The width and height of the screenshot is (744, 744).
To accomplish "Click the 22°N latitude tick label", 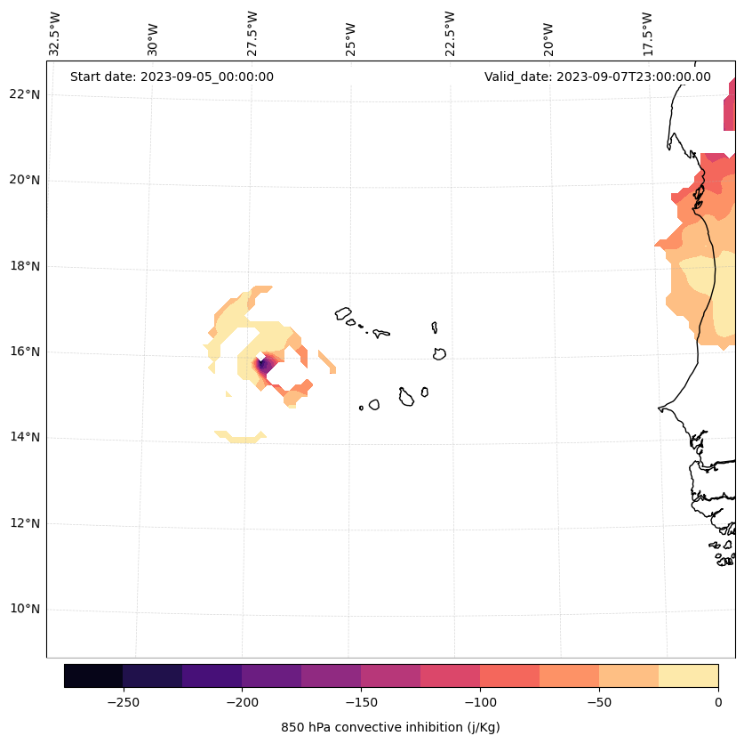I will tap(24, 94).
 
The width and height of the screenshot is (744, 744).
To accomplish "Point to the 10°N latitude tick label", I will tap(24, 610).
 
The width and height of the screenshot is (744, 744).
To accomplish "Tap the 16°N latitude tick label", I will tap(24, 352).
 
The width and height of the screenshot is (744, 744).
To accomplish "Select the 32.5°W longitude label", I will tap(55, 34).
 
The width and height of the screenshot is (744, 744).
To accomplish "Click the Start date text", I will tap(172, 77).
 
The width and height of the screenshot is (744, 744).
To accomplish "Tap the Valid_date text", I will tap(597, 77).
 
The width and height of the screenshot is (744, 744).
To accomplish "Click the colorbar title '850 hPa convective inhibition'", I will tap(390, 727).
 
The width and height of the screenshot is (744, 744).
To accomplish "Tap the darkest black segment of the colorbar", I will tap(93, 675).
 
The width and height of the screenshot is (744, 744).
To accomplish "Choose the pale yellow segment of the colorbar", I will tap(688, 675).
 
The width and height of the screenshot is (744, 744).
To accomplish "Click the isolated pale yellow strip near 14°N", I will tap(241, 436).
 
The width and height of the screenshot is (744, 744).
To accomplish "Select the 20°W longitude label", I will tap(548, 34).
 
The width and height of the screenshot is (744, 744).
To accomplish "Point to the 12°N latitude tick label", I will tap(24, 524).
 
